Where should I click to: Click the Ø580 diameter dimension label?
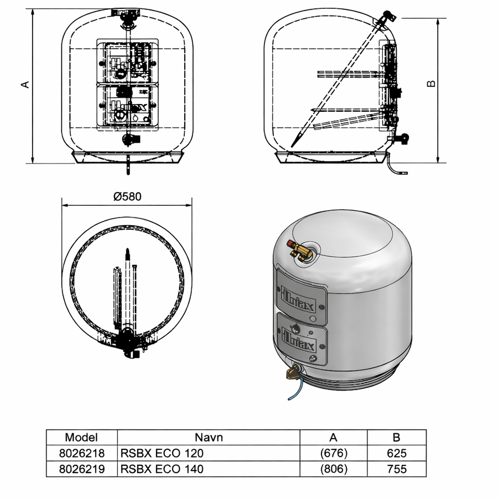127,196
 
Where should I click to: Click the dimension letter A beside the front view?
25,85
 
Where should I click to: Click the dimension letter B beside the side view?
431,84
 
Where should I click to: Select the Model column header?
81,437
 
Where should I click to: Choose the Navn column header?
209,437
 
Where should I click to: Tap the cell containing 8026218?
82,453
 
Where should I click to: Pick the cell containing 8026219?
82,469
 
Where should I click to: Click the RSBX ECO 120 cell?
162,453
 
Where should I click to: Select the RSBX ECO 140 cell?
162,469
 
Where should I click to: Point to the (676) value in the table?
334,453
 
